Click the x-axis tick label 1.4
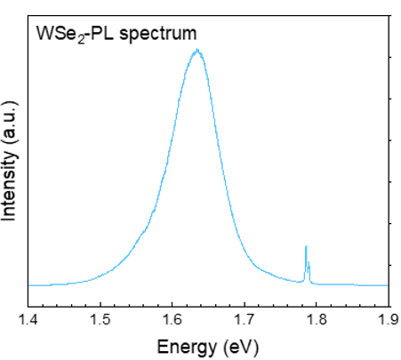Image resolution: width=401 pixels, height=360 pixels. coord(28,320)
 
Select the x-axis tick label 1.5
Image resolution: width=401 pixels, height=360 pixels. coord(100,320)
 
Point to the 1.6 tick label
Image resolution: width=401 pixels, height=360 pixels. coord(172,320)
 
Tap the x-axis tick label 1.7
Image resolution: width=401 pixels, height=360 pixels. coord(245,320)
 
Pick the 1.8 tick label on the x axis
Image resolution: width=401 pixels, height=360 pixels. coord(317,320)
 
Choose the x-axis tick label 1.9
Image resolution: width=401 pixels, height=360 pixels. coord(389,320)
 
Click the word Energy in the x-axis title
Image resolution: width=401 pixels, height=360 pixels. coord(187,348)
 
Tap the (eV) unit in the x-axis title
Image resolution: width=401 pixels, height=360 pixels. coord(241,348)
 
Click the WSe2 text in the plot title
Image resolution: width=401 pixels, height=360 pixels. coord(60,35)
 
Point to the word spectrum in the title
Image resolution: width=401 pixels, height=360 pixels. coord(157,35)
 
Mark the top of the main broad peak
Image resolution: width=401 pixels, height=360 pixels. coord(196,51)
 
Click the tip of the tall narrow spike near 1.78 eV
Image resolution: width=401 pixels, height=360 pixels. coord(306,246)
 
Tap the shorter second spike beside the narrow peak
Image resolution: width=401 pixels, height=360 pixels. coord(309,262)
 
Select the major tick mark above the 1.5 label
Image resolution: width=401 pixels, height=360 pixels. coord(100,304)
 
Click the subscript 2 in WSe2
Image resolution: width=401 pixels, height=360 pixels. coord(81,40)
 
